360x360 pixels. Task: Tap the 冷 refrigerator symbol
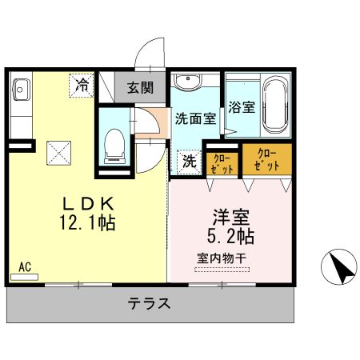coord(82,85)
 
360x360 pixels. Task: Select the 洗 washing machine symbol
coord(190,161)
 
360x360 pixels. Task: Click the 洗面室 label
coord(195,118)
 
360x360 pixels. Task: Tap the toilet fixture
coord(113,142)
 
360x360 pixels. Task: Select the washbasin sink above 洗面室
coord(187,82)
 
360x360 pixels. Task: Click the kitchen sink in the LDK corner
coord(20,90)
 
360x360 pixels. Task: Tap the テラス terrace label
coord(149,304)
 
